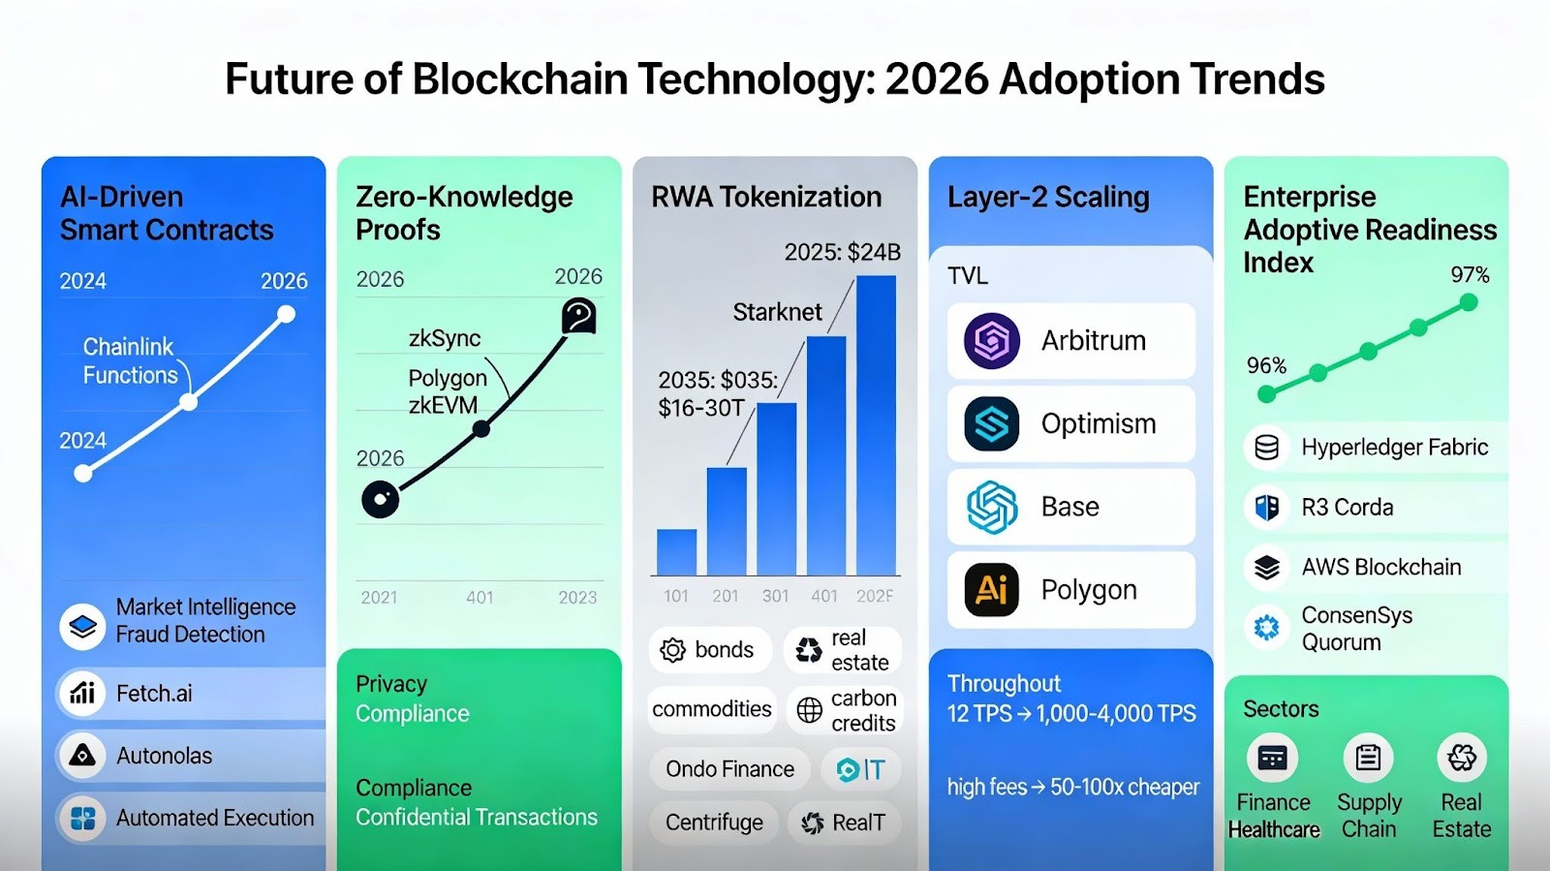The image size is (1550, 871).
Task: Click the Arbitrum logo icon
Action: (991, 341)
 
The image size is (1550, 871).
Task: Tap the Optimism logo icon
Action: (991, 423)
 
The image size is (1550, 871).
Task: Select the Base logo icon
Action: (991, 507)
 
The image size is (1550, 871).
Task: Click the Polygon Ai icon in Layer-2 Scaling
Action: (991, 589)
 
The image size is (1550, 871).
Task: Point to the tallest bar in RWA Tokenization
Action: (876, 426)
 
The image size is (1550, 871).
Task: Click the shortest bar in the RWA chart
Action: (676, 552)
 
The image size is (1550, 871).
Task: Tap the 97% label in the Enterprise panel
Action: (1470, 275)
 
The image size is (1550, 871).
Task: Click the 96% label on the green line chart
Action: (1266, 365)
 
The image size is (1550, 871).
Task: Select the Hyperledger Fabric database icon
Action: (1266, 448)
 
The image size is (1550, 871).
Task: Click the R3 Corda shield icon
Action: (1266, 508)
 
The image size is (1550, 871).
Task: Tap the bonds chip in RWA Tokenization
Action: (709, 650)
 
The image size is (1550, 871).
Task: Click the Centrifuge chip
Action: (714, 823)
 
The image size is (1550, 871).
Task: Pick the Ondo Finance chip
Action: (729, 769)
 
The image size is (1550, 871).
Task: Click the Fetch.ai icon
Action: (82, 694)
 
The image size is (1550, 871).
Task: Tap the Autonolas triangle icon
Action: (82, 756)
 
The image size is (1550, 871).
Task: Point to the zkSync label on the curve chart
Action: (445, 338)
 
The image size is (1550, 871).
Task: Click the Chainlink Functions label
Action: (130, 361)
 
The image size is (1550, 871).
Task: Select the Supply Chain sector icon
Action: (1368, 758)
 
